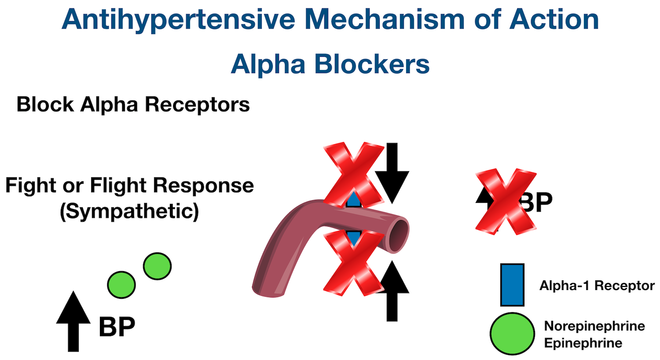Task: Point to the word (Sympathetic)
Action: pyautogui.click(x=129, y=211)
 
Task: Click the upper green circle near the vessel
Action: pyautogui.click(x=157, y=266)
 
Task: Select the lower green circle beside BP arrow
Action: pyautogui.click(x=121, y=285)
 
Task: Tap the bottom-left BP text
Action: pyautogui.click(x=117, y=327)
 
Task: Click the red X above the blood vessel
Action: pyautogui.click(x=353, y=174)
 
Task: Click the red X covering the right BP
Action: pyautogui.click(x=506, y=201)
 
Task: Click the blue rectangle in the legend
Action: pyautogui.click(x=512, y=285)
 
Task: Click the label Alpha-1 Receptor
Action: pyautogui.click(x=597, y=286)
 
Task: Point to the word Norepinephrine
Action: pyautogui.click(x=594, y=326)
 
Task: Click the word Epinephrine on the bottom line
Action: pyautogui.click(x=583, y=343)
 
